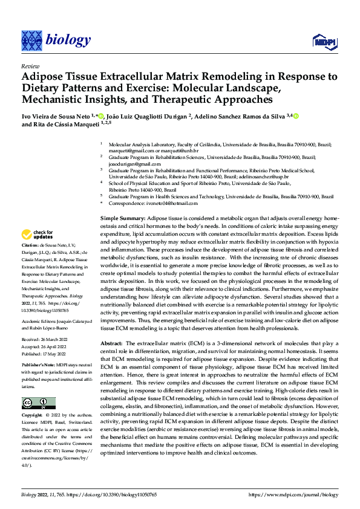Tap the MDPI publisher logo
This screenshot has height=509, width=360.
pyautogui.click(x=323, y=40)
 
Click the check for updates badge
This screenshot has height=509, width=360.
pyautogui.click(x=38, y=235)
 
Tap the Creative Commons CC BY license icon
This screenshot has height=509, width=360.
pyautogui.click(x=38, y=403)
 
